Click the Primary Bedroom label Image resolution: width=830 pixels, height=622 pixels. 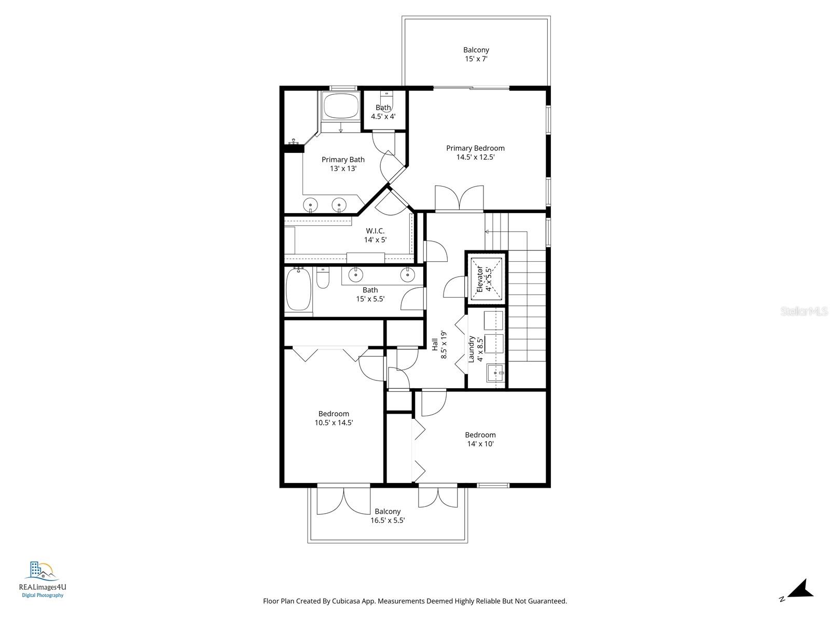475,152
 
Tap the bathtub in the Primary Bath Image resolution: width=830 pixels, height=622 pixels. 341,106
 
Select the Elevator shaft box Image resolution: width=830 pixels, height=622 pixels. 487,278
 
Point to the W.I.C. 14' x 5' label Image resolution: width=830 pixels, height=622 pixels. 375,235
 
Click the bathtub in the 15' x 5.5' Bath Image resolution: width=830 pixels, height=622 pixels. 299,290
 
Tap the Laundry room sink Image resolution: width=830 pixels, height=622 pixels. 496,373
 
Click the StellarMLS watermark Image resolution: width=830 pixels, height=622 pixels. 804,312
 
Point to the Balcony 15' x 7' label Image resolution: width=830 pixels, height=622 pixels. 476,54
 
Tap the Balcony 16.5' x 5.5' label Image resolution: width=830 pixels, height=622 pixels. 388,516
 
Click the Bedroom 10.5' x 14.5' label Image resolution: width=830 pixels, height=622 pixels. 334,418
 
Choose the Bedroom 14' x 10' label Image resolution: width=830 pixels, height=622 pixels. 480,439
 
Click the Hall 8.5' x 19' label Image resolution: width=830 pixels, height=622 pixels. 439,345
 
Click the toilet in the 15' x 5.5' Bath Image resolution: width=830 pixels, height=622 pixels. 322,279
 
